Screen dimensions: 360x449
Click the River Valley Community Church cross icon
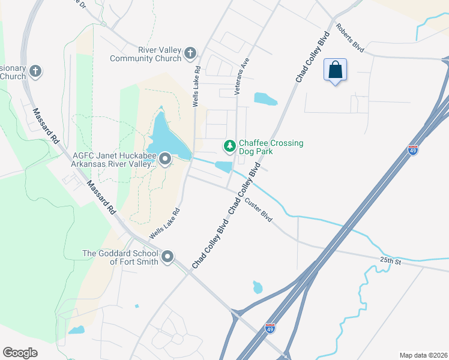(x=190, y=53)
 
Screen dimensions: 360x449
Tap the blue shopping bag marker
(x=335, y=70)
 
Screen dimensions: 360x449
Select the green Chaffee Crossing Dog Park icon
(x=229, y=146)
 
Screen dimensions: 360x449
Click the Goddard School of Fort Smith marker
(x=167, y=257)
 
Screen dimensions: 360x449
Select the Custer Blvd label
(x=259, y=210)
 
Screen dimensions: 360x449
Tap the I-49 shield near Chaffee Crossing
(x=413, y=150)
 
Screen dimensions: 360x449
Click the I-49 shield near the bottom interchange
(x=270, y=328)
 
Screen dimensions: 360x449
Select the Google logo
(x=20, y=353)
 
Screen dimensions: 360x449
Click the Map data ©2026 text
(x=423, y=355)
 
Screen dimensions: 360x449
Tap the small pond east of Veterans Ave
(x=265, y=98)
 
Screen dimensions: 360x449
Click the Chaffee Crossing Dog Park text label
(x=271, y=147)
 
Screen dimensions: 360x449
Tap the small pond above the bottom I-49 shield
(x=258, y=287)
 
